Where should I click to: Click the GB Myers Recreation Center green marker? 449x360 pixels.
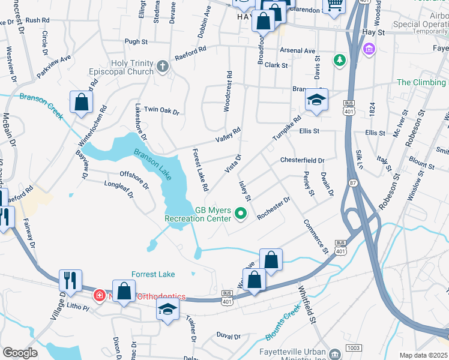click(241, 213)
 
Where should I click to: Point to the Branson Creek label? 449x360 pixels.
click(41, 105)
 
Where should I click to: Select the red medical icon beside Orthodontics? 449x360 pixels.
click(99, 296)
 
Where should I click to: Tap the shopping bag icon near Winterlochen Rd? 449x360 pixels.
click(81, 102)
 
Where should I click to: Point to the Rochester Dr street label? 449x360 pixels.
click(274, 208)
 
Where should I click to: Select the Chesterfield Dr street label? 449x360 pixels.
click(302, 161)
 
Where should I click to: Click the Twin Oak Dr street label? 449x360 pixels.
click(161, 110)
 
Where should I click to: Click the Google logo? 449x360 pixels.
click(20, 353)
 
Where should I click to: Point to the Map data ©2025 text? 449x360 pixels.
click(423, 355)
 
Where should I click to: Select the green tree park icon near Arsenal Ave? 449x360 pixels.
click(340, 59)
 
